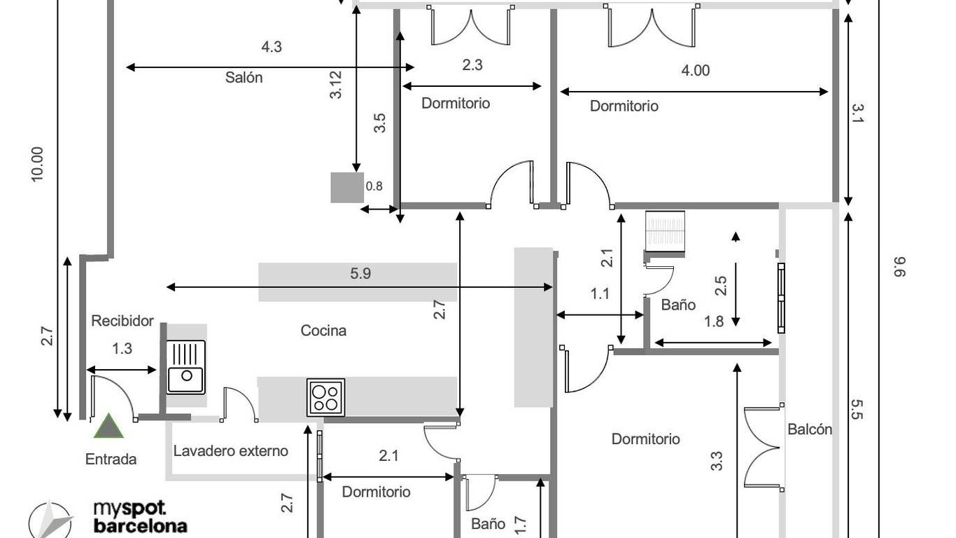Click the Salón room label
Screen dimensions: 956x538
point(244,78)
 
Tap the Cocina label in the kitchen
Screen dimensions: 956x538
point(323,331)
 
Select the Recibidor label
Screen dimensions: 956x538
point(122,321)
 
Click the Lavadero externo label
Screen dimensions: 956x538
point(230,451)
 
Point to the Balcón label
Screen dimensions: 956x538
point(810,429)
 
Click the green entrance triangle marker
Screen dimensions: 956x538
point(108,427)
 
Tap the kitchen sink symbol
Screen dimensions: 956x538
point(185,366)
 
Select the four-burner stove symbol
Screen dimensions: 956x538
point(325,397)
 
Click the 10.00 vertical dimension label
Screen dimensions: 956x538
point(38,165)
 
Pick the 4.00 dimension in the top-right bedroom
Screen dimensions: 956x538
point(695,71)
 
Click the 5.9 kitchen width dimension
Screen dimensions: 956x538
point(360,273)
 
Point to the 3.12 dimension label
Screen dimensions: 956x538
point(337,85)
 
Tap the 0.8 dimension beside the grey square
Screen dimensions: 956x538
point(374,186)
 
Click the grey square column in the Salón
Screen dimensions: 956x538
point(347,188)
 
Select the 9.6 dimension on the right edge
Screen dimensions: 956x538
point(899,267)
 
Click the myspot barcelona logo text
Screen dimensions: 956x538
point(140,517)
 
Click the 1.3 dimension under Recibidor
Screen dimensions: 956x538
point(122,349)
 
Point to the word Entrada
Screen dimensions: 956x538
point(111,460)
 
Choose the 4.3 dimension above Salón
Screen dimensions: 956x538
point(272,46)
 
